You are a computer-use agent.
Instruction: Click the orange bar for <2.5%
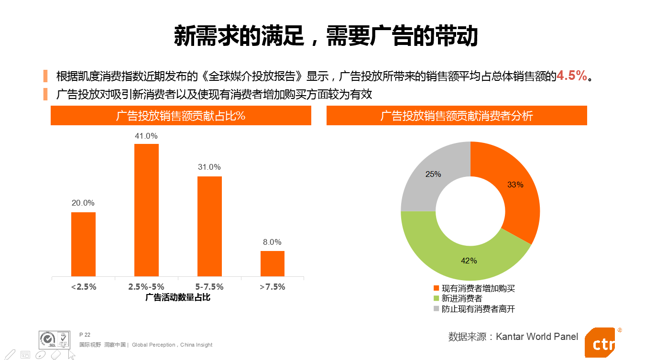pos(83,244)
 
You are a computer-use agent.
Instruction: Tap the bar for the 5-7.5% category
pos(209,226)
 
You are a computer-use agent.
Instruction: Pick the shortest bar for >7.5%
pos(273,263)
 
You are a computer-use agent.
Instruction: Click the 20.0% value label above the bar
pos(83,203)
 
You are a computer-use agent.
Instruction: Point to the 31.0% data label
pos(209,167)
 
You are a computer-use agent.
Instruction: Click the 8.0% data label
pos(272,242)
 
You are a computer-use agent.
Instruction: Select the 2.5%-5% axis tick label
pos(146,287)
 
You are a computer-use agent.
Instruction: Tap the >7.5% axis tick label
pos(272,287)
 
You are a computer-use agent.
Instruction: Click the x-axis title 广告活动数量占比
pos(178,297)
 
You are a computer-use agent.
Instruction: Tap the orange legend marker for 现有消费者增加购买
pos(436,288)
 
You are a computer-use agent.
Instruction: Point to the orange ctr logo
pos(601,342)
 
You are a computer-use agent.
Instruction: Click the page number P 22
pos(85,335)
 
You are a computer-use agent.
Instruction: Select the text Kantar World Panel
pos(537,337)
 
